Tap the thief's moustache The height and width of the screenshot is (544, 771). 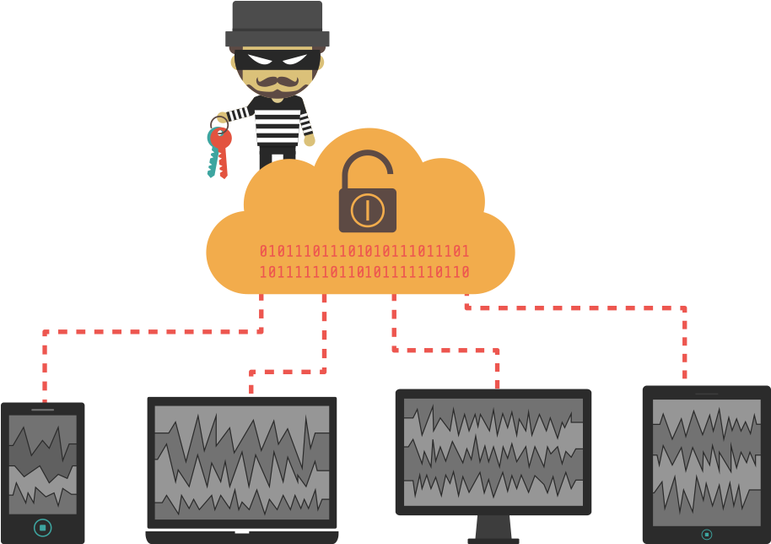pos(278,81)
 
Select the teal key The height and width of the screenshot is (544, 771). pos(213,156)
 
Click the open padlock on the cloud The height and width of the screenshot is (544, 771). pos(367,199)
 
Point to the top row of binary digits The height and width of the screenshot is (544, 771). pos(364,252)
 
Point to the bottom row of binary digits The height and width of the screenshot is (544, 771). pos(364,273)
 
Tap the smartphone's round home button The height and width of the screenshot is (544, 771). pos(42,527)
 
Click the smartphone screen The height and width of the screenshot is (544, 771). pos(42,464)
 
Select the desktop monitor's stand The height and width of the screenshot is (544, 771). pos(493,528)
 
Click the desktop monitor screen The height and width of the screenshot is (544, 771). pos(493,452)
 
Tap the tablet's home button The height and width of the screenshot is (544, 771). pos(706,534)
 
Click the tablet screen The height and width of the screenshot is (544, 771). pos(706,457)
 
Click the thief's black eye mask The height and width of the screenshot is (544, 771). pos(278,61)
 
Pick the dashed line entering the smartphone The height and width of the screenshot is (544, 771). pos(45,372)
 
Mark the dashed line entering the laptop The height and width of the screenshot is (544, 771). pos(251,382)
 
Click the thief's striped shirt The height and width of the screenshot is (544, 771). pos(278,122)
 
